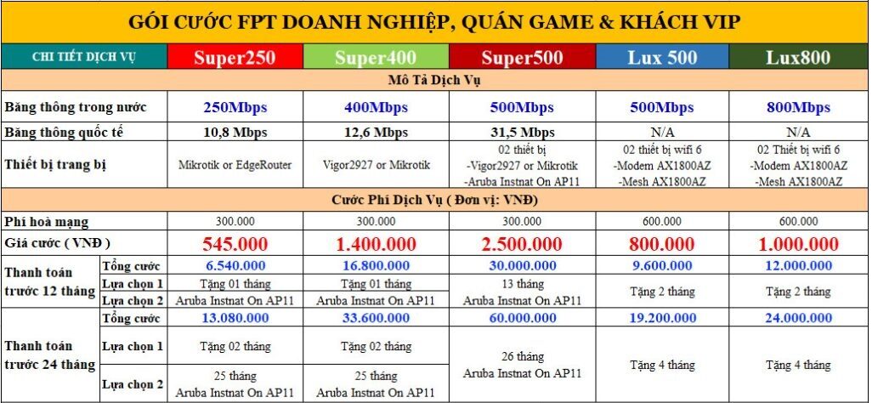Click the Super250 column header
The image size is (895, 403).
235,58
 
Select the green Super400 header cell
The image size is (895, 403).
376,58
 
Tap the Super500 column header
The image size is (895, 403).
521,58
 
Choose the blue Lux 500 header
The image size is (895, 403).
662,58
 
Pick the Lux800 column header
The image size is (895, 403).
798,58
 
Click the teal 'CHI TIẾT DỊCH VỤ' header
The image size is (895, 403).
84,57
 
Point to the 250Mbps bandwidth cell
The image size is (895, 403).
235,107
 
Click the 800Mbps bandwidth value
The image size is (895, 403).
798,107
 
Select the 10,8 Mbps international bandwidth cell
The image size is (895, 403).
235,133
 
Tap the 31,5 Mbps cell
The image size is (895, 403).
521,133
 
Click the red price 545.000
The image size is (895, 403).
235,244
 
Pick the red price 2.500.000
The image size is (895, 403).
521,244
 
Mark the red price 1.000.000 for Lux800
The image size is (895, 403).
798,244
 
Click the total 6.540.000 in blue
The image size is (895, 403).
235,266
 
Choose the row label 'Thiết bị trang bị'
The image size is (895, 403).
55,165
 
